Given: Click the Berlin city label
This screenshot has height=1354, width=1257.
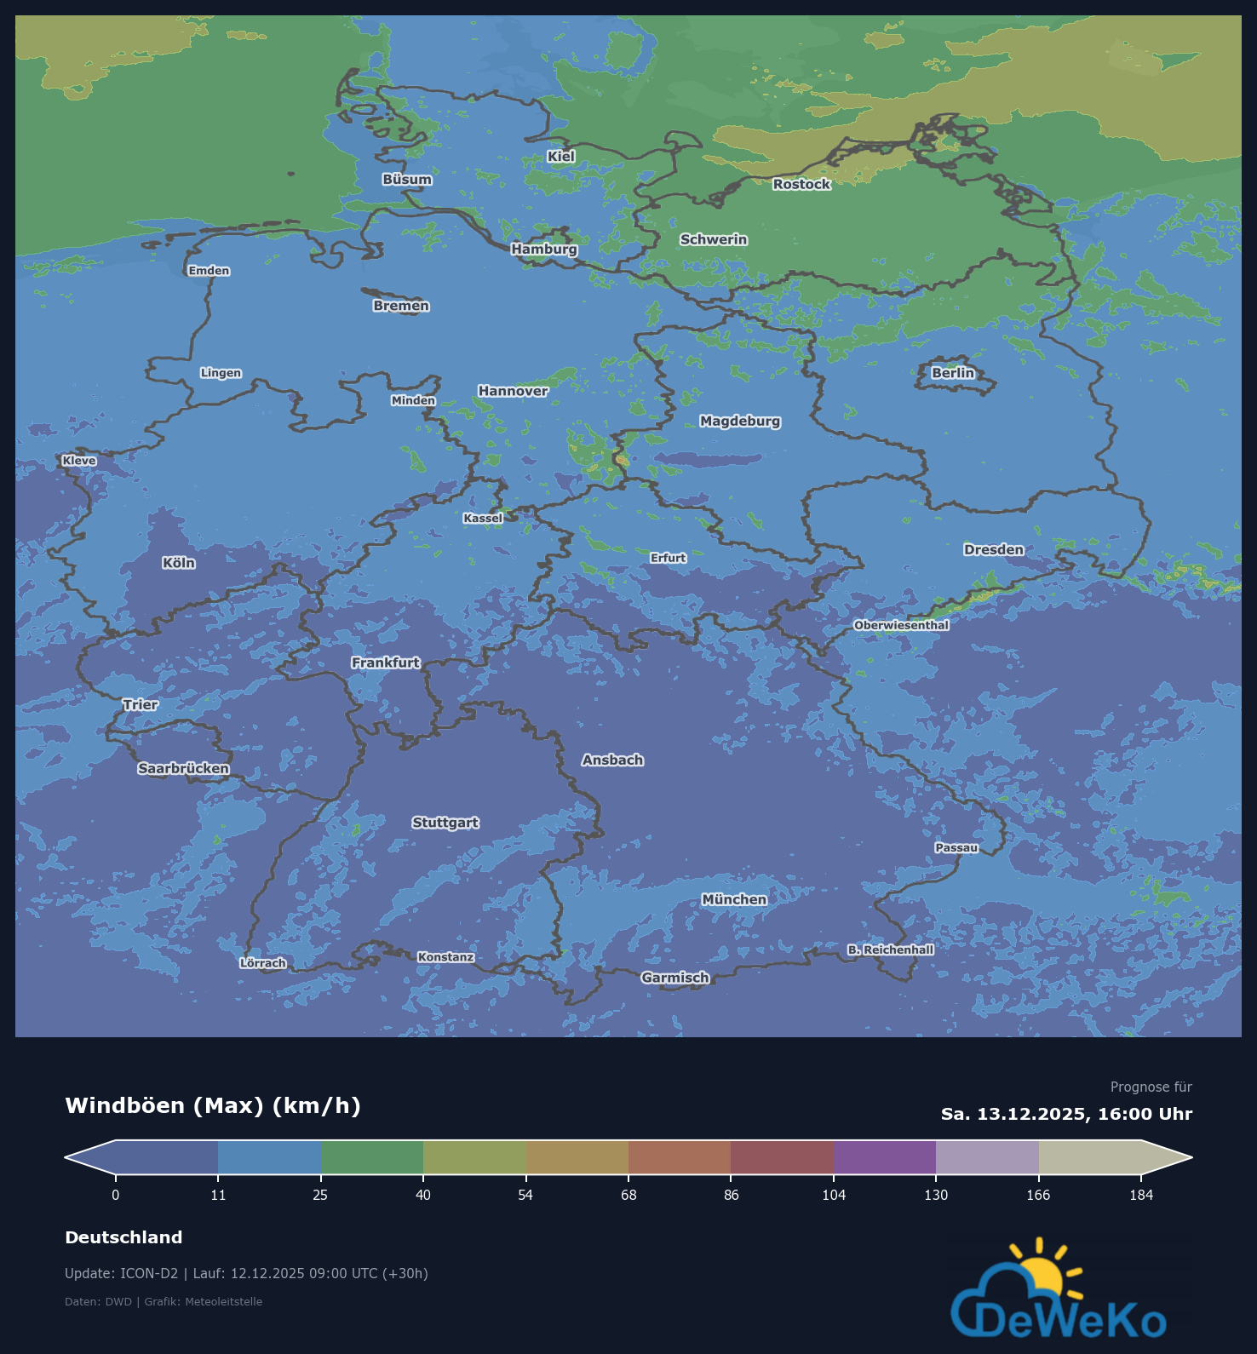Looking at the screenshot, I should click(952, 373).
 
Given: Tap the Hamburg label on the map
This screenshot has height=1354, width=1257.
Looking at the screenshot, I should click(544, 250).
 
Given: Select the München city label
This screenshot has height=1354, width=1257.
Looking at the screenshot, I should click(734, 900).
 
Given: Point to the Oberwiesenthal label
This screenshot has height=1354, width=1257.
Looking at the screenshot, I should click(901, 626).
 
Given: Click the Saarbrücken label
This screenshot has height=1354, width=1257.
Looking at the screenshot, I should click(183, 769).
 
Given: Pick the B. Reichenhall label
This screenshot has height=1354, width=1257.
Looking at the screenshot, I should click(890, 950).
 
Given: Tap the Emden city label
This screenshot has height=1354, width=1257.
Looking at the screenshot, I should click(209, 272).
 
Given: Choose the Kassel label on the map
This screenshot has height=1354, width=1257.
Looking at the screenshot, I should click(483, 519).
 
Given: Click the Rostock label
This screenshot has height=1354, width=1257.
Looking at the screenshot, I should click(801, 185).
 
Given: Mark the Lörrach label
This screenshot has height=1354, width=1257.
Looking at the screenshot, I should click(262, 964).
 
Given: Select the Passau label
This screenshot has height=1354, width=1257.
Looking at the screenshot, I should click(956, 848).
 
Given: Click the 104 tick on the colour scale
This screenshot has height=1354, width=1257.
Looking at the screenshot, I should click(834, 1196).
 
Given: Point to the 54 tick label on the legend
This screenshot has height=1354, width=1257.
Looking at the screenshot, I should click(525, 1196).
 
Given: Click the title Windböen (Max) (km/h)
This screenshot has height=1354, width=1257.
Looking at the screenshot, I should click(213, 1106).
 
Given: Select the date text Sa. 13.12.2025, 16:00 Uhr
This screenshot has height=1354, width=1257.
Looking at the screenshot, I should click(1066, 1115).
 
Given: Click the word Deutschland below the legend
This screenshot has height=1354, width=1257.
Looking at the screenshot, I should click(123, 1238).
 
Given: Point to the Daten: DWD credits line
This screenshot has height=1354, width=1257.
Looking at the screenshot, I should click(164, 1302).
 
